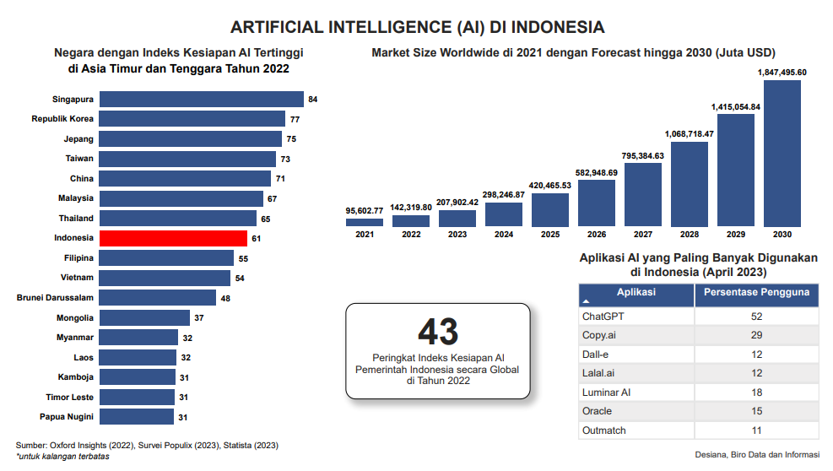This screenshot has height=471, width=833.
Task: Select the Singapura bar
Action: pyautogui.click(x=201, y=100)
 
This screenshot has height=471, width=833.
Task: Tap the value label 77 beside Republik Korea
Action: pyautogui.click(x=295, y=120)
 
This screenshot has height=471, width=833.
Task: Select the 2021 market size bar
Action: pyautogui.click(x=365, y=223)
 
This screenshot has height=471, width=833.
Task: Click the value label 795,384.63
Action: pyautogui.click(x=642, y=156)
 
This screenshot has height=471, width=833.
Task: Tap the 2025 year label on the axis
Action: pyautogui.click(x=549, y=235)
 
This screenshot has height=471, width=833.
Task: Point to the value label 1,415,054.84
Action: pyautogui.click(x=735, y=107)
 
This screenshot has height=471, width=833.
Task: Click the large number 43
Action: pyautogui.click(x=438, y=332)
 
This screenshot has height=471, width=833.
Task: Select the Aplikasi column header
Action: pyautogui.click(x=636, y=293)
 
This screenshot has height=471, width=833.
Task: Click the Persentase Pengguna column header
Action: pyautogui.click(x=756, y=293)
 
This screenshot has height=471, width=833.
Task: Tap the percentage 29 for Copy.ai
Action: pyautogui.click(x=756, y=335)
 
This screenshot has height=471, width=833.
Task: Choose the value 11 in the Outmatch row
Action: pyautogui.click(x=756, y=430)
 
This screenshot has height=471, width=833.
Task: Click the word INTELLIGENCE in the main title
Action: pyautogui.click(x=375, y=27)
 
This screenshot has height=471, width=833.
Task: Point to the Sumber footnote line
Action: pyautogui.click(x=147, y=445)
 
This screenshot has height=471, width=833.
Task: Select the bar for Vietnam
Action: pyautogui.click(x=165, y=278)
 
